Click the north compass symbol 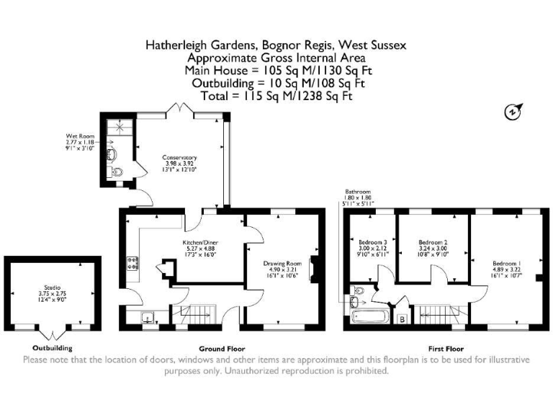tap(512, 112)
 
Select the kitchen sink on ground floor tap(147, 316)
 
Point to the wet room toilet tap(117, 171)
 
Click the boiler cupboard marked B tap(402, 317)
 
